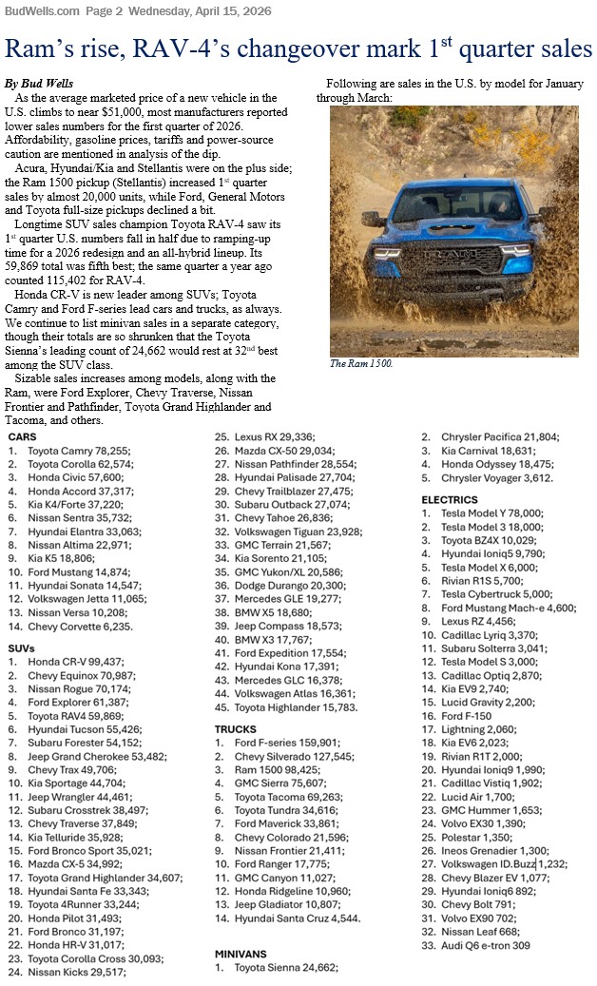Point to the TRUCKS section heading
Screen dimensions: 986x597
236,729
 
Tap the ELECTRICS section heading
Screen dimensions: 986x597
451,499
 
